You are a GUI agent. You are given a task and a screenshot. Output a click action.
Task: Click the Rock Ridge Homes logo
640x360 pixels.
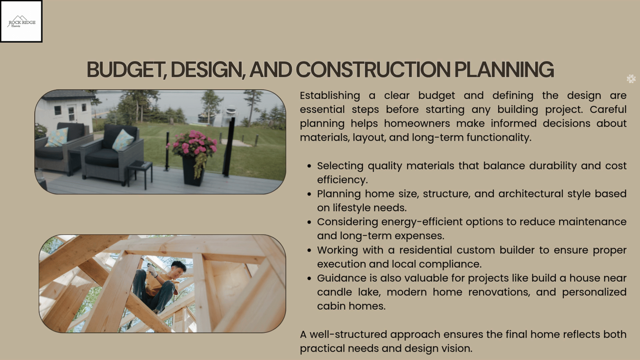click(x=21, y=21)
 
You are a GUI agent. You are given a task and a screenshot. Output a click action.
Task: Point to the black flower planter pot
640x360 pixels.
click(x=193, y=171)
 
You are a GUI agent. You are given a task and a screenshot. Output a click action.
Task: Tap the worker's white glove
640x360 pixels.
click(x=153, y=271)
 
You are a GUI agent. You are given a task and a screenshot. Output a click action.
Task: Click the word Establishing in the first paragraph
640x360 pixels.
click(x=330, y=96)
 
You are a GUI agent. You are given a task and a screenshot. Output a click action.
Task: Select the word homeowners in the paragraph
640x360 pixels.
click(x=417, y=124)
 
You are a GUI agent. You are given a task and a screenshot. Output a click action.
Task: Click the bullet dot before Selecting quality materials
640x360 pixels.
click(x=310, y=166)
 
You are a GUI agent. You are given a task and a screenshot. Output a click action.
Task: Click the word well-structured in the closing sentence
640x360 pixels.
click(x=349, y=334)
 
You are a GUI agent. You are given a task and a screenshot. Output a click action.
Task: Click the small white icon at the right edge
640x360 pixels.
click(x=631, y=79)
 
